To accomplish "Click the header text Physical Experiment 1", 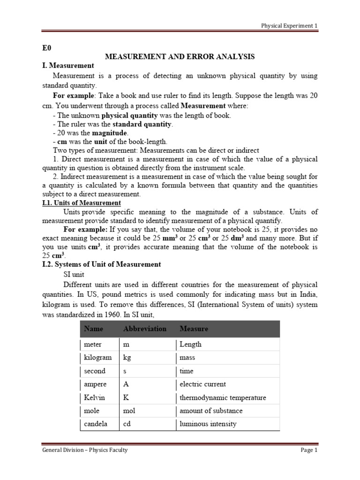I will pos(289,26).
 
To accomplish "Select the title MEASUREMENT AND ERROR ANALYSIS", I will pos(180,57).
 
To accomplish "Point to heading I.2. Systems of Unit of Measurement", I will pos(101,264).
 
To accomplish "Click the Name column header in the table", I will pos(93,329).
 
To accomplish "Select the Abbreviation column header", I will pos(144,329).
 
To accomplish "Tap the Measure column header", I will pos(194,329).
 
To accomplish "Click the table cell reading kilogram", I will pos(97,358).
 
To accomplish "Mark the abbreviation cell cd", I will pos(127,424).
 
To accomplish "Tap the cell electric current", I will pos(202,384).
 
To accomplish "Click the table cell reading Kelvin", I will pos(95,397).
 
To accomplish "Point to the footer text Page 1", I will pos(309,450).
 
